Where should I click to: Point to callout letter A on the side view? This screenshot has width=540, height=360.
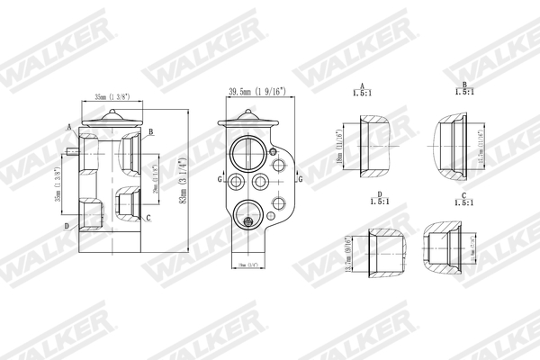coord(68,127)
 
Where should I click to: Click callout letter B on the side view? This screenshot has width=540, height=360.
coord(152,131)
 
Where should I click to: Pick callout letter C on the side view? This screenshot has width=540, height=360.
coord(148,218)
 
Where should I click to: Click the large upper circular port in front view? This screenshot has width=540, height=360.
coord(248,150)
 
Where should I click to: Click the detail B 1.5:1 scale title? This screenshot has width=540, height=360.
coord(463,90)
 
